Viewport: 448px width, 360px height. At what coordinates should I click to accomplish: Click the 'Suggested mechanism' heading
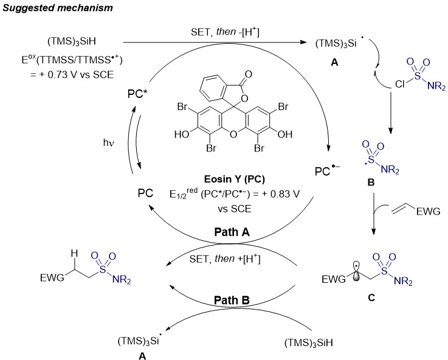(x=58, y=8)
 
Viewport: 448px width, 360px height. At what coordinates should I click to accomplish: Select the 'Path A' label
(x=232, y=232)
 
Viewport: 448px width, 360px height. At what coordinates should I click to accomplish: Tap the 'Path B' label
(x=232, y=300)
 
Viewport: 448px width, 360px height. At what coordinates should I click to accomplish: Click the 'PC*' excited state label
(x=137, y=94)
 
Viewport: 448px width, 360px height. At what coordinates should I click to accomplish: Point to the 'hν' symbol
(x=109, y=142)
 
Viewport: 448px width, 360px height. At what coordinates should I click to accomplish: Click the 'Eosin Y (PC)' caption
(x=234, y=179)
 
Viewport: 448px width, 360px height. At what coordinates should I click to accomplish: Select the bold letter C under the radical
(x=371, y=298)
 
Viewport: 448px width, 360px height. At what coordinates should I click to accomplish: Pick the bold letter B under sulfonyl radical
(x=371, y=182)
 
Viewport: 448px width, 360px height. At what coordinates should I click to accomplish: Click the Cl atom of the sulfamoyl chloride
(x=400, y=84)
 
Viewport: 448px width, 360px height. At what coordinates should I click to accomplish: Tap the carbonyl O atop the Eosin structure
(x=248, y=74)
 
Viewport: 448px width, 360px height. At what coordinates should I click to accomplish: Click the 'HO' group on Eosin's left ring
(x=182, y=134)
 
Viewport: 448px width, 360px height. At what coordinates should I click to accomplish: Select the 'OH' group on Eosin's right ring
(x=285, y=134)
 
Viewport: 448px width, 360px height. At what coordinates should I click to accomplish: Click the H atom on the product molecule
(x=74, y=253)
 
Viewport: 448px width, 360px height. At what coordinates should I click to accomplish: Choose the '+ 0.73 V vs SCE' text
(x=72, y=75)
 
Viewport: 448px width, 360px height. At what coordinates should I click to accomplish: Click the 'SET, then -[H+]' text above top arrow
(x=225, y=32)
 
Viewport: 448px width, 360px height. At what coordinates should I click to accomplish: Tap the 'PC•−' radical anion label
(x=326, y=170)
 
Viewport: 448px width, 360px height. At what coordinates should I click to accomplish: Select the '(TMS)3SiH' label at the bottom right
(x=309, y=342)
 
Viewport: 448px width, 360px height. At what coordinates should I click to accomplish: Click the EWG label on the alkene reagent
(x=429, y=212)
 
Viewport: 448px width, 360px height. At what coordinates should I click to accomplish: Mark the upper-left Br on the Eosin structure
(x=182, y=106)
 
